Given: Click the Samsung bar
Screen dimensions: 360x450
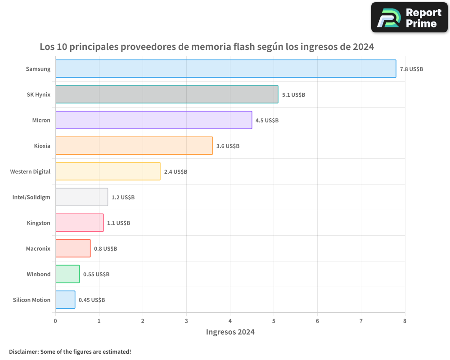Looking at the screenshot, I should pos(225,69).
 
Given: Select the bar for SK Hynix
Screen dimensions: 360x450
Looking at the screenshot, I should pos(166,94).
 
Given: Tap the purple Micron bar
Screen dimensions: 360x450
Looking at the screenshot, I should pos(153,120).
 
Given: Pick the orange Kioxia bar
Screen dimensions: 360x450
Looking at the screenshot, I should pos(134,146).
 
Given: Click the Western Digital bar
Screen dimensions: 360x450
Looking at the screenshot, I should pos(108,171).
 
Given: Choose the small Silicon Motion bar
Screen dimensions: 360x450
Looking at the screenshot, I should pos(65,300).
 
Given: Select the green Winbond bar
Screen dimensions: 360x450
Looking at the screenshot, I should pos(67,274).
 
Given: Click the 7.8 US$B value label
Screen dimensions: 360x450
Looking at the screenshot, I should pos(411,69).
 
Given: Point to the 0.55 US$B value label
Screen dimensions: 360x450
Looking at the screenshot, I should pos(96,274).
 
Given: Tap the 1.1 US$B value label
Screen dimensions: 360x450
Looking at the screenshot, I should pos(118,223).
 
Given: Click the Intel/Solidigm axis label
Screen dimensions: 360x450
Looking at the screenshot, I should pos(31,197).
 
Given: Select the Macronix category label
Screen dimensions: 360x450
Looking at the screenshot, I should pos(38,248).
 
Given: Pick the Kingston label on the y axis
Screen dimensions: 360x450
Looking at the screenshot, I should pos(39,223).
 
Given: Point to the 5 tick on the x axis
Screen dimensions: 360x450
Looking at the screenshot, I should pos(274,321).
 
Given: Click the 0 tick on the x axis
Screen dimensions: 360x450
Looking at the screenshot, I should pos(55,321).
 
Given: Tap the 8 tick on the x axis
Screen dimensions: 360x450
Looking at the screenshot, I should pos(405,321).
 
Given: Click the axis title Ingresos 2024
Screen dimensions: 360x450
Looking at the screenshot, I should pos(230,332).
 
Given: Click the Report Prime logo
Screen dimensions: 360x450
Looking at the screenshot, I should pos(409,18).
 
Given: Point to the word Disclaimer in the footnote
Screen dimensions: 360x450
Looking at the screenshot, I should pos(23,351).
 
